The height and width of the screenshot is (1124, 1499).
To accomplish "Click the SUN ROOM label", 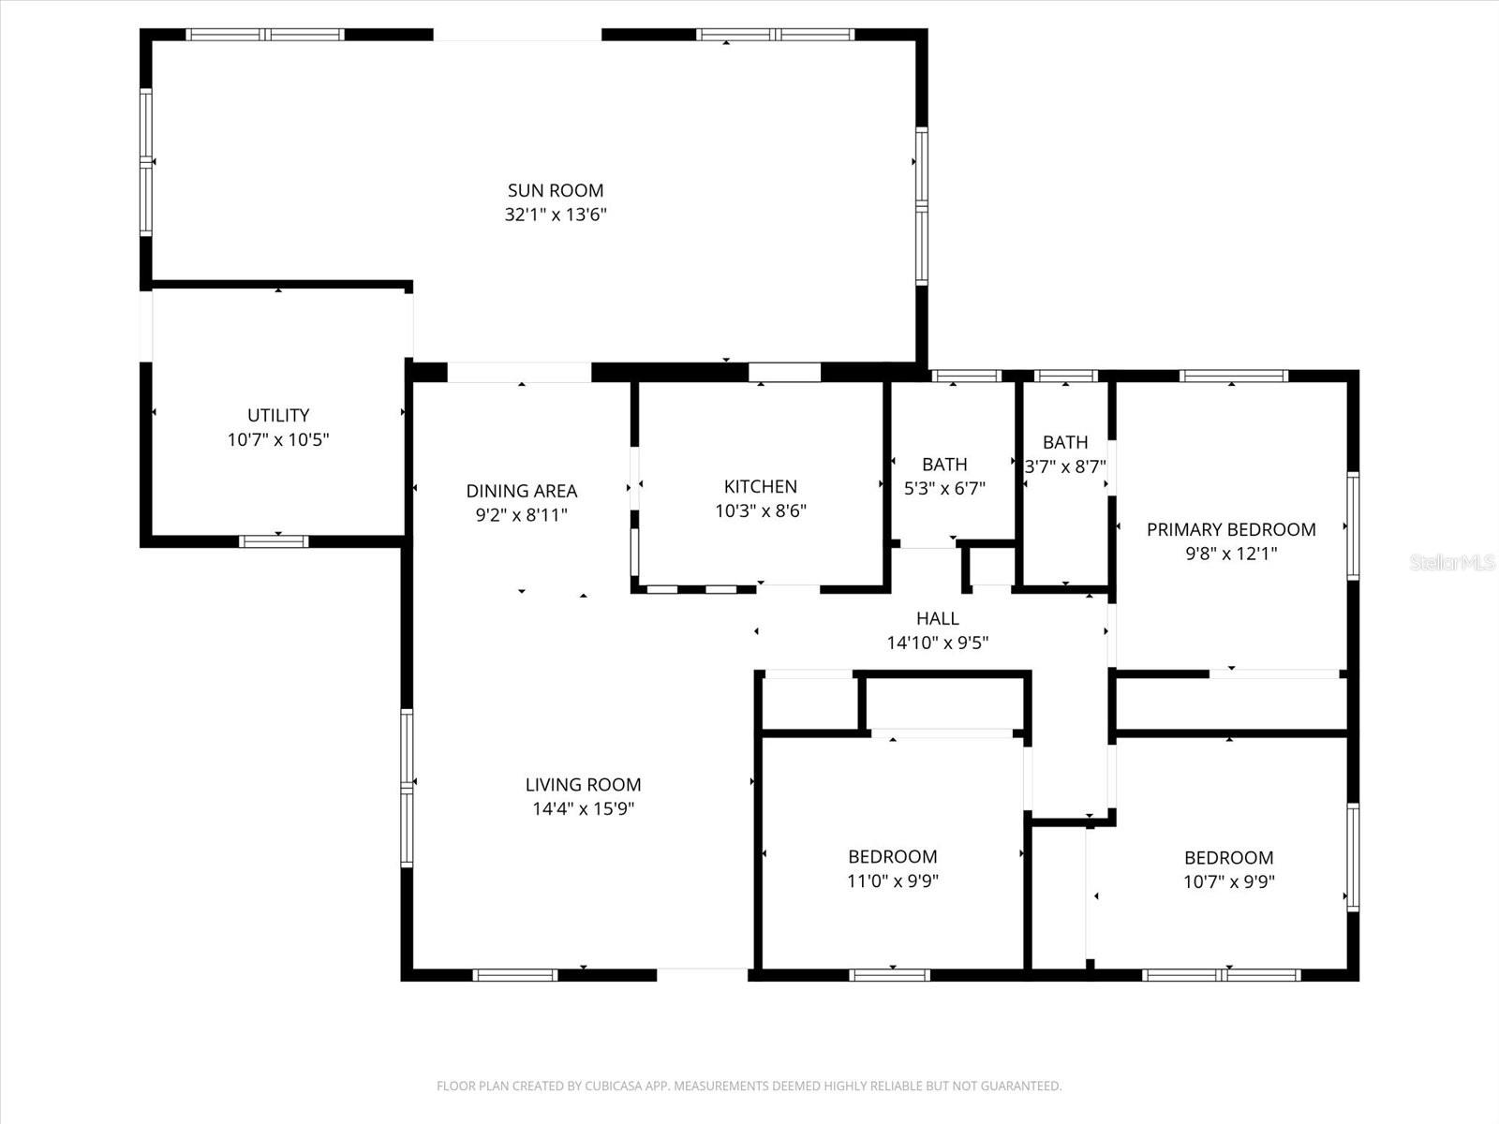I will pos(556,190).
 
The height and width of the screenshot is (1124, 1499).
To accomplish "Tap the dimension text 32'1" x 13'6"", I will pos(556,214).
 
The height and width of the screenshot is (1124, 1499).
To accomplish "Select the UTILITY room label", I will pos(278,415).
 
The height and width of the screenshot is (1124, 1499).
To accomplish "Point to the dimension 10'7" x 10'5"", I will pos(278,439).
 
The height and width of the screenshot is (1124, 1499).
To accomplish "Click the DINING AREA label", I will pos(522,491).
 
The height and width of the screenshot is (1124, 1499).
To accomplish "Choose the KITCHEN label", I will pos(761,486).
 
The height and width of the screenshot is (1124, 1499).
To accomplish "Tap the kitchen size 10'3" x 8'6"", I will pos(761,510).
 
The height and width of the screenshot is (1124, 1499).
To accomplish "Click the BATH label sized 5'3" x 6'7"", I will pos(944,464).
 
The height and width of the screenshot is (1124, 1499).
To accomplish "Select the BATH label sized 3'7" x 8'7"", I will pos(1065,442).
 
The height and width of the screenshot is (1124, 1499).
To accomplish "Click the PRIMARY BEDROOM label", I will pos(1231,529).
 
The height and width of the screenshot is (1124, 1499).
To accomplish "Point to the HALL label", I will pos(938,618).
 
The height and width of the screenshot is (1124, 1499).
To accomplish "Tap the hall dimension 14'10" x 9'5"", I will pos(938,643).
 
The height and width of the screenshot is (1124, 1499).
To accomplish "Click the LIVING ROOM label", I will pos(583,785).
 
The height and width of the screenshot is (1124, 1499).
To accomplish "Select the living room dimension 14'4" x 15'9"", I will pos(583,809).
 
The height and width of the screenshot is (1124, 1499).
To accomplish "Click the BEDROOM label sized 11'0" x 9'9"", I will pos(892,856).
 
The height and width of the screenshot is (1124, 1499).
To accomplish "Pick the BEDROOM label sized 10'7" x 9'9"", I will pos(1228,857).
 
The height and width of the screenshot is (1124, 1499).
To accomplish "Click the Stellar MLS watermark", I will pos(1452,563).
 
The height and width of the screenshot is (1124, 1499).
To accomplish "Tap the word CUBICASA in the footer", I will pos(613,1087).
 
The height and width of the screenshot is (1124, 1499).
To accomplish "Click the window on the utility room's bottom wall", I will pos(274,541).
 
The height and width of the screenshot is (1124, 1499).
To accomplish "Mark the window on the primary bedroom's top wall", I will pos(1233,377).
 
